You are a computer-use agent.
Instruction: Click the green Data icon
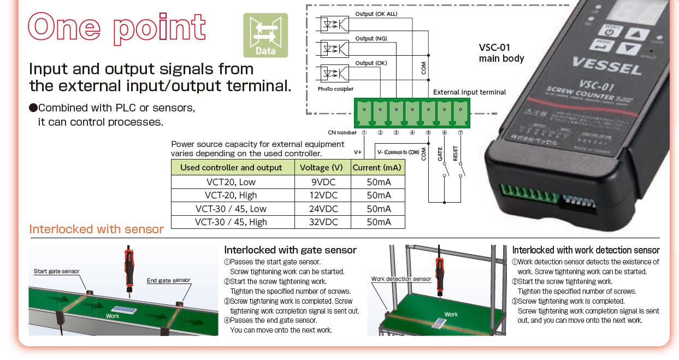coord(265,35)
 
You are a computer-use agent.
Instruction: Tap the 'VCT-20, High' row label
coord(231,195)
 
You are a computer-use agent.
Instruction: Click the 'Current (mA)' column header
coord(377,167)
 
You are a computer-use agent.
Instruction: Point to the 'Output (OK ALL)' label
coord(376,14)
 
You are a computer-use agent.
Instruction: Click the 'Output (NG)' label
coord(371,38)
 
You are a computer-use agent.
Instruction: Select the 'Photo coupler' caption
coord(335,88)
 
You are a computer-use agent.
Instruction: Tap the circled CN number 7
coord(460,132)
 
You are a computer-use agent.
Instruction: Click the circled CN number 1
coord(364,132)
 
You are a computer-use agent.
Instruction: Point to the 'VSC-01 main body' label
coord(501,53)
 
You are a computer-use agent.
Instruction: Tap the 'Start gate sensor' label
coord(56,272)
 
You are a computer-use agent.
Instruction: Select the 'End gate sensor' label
coord(168,280)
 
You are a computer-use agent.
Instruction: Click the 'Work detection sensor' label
coord(401,279)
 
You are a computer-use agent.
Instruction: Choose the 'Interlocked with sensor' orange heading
coord(97,229)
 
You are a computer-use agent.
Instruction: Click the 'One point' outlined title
coord(117,28)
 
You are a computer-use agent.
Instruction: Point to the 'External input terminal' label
coord(469,92)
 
